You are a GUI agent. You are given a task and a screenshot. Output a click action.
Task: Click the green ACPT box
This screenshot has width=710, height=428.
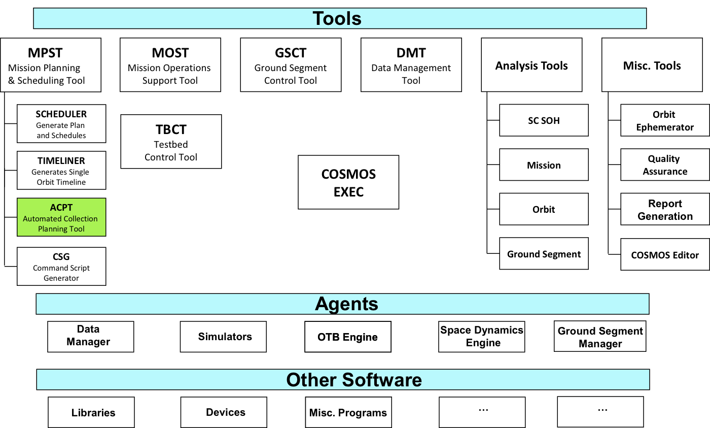point(61,217)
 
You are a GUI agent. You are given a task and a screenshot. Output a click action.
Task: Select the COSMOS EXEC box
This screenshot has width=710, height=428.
point(348,182)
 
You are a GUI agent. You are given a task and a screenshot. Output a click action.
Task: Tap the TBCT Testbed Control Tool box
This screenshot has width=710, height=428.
point(171,142)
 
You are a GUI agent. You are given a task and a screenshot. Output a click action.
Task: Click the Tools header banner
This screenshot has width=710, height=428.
point(340,18)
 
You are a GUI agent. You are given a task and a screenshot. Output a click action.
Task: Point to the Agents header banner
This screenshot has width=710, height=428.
point(343,304)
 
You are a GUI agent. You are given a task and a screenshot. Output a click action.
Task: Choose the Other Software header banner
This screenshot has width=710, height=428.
point(343,379)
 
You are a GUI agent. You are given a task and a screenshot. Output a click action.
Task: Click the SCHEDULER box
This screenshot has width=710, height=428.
point(61,124)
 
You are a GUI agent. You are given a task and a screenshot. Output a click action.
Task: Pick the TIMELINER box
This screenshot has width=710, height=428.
point(61,171)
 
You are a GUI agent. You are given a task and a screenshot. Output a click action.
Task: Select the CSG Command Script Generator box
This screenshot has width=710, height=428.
point(61,267)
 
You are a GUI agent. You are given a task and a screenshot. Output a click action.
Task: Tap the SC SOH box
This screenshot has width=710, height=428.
point(544,120)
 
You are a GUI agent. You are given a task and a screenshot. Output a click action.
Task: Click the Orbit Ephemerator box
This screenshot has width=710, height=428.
point(665,120)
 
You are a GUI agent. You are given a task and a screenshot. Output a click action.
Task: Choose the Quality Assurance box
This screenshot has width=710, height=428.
point(665,164)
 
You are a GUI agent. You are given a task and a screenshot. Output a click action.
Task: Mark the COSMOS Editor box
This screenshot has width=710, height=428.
point(665,254)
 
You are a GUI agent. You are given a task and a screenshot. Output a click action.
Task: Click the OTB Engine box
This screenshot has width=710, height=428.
point(348,337)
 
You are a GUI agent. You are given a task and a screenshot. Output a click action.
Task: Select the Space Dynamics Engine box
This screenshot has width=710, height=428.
point(482,337)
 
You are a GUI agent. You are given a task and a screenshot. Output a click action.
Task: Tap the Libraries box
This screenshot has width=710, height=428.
point(91,412)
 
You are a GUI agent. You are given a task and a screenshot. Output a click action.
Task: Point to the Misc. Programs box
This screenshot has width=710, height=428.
point(349,412)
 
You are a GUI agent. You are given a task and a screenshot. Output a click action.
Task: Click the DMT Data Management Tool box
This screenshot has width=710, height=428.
point(411,65)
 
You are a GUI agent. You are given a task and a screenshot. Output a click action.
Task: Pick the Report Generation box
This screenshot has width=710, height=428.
point(665,209)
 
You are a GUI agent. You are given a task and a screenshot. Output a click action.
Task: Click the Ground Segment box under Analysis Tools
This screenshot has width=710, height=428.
point(544,253)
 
